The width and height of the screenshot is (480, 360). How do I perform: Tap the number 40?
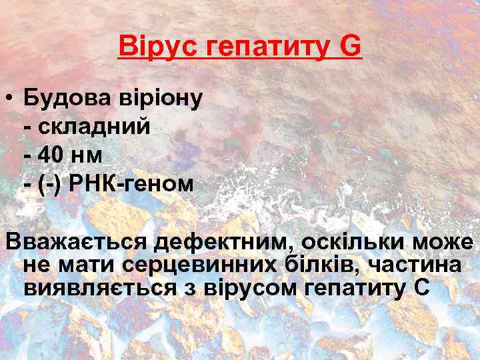pos(51,155)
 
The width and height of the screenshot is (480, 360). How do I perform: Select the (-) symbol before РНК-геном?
pos(46,183)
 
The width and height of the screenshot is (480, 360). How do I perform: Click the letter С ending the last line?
pos(424,288)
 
